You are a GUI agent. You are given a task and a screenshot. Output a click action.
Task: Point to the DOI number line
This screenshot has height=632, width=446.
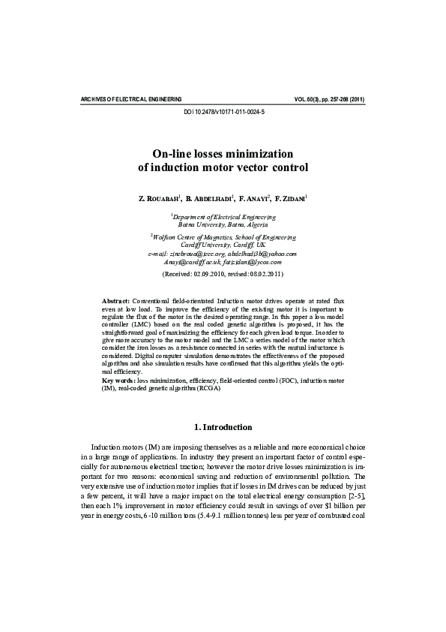tap(223, 111)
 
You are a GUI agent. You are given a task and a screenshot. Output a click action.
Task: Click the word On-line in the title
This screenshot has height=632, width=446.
tap(183, 152)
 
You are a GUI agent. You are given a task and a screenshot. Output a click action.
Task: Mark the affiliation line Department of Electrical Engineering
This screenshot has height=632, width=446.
tap(223, 216)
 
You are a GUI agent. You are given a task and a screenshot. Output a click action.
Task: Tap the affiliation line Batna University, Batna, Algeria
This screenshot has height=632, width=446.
tap(223, 224)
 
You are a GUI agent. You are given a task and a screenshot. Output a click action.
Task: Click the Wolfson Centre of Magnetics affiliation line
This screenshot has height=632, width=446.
tap(223, 236)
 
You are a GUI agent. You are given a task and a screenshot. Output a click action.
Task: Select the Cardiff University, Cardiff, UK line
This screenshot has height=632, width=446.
tap(223, 245)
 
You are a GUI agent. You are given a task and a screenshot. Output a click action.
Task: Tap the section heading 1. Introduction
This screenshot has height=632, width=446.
tap(223, 427)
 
